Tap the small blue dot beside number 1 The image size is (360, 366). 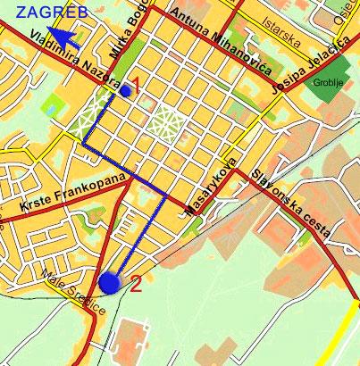(125, 90)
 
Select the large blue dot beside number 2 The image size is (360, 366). (110, 283)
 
